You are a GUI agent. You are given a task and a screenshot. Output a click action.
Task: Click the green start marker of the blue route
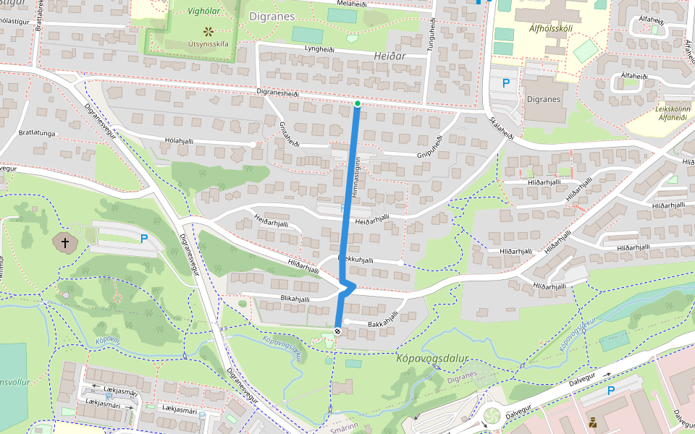tap(358, 103)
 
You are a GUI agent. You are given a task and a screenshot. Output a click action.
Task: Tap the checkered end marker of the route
tap(338, 331)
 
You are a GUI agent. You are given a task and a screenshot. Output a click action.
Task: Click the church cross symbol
tap(66, 243)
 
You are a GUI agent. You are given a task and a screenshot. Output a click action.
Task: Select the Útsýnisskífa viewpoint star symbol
tap(208, 31)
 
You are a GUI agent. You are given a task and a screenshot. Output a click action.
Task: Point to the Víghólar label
tap(203, 12)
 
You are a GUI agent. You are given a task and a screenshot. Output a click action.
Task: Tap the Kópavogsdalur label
tap(433, 358)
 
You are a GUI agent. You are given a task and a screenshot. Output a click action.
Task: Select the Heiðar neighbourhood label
tap(390, 56)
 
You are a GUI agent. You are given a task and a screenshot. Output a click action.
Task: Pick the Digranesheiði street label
tap(278, 93)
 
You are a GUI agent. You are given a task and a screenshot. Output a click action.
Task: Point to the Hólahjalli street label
tap(181, 140)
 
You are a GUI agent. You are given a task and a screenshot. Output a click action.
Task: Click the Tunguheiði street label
tap(433, 35)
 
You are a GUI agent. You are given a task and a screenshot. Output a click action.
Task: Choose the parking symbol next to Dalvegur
tap(610, 391)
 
